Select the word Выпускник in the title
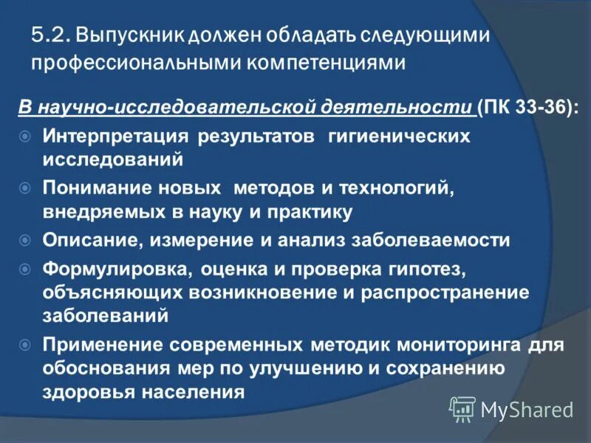(130, 35)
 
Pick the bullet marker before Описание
(25, 240)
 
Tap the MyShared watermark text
(526, 409)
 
